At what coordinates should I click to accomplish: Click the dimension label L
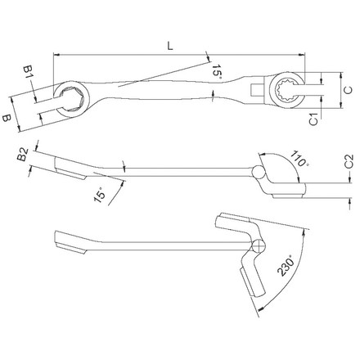click(x=169, y=48)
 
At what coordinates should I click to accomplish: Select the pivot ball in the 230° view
click(x=259, y=247)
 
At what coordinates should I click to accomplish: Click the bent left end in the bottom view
click(x=70, y=244)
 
